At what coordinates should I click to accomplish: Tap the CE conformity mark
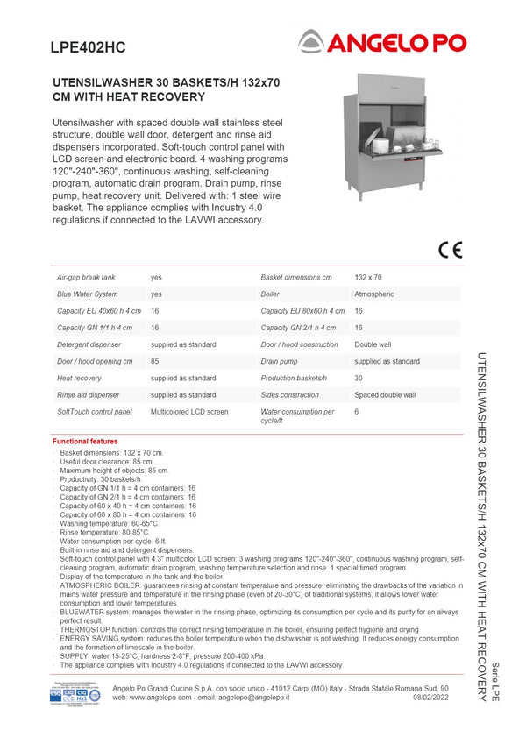[x=450, y=249]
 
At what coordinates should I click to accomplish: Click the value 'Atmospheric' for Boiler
[x=374, y=294]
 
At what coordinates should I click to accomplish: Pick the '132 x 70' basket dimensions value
[x=368, y=277]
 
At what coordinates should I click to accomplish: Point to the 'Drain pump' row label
[x=280, y=361]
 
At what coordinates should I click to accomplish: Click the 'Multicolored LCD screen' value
[x=189, y=411]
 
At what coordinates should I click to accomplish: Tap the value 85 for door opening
[x=155, y=361]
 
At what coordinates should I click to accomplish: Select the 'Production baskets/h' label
[x=294, y=378]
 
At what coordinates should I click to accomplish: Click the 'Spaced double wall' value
[x=385, y=394]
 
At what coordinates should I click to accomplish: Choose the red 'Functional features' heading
[x=85, y=442]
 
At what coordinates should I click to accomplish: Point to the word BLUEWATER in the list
[x=85, y=612]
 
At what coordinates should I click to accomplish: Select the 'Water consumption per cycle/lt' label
[x=297, y=415]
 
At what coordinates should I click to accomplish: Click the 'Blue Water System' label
[x=88, y=294]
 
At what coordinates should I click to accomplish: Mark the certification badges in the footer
[x=75, y=693]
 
